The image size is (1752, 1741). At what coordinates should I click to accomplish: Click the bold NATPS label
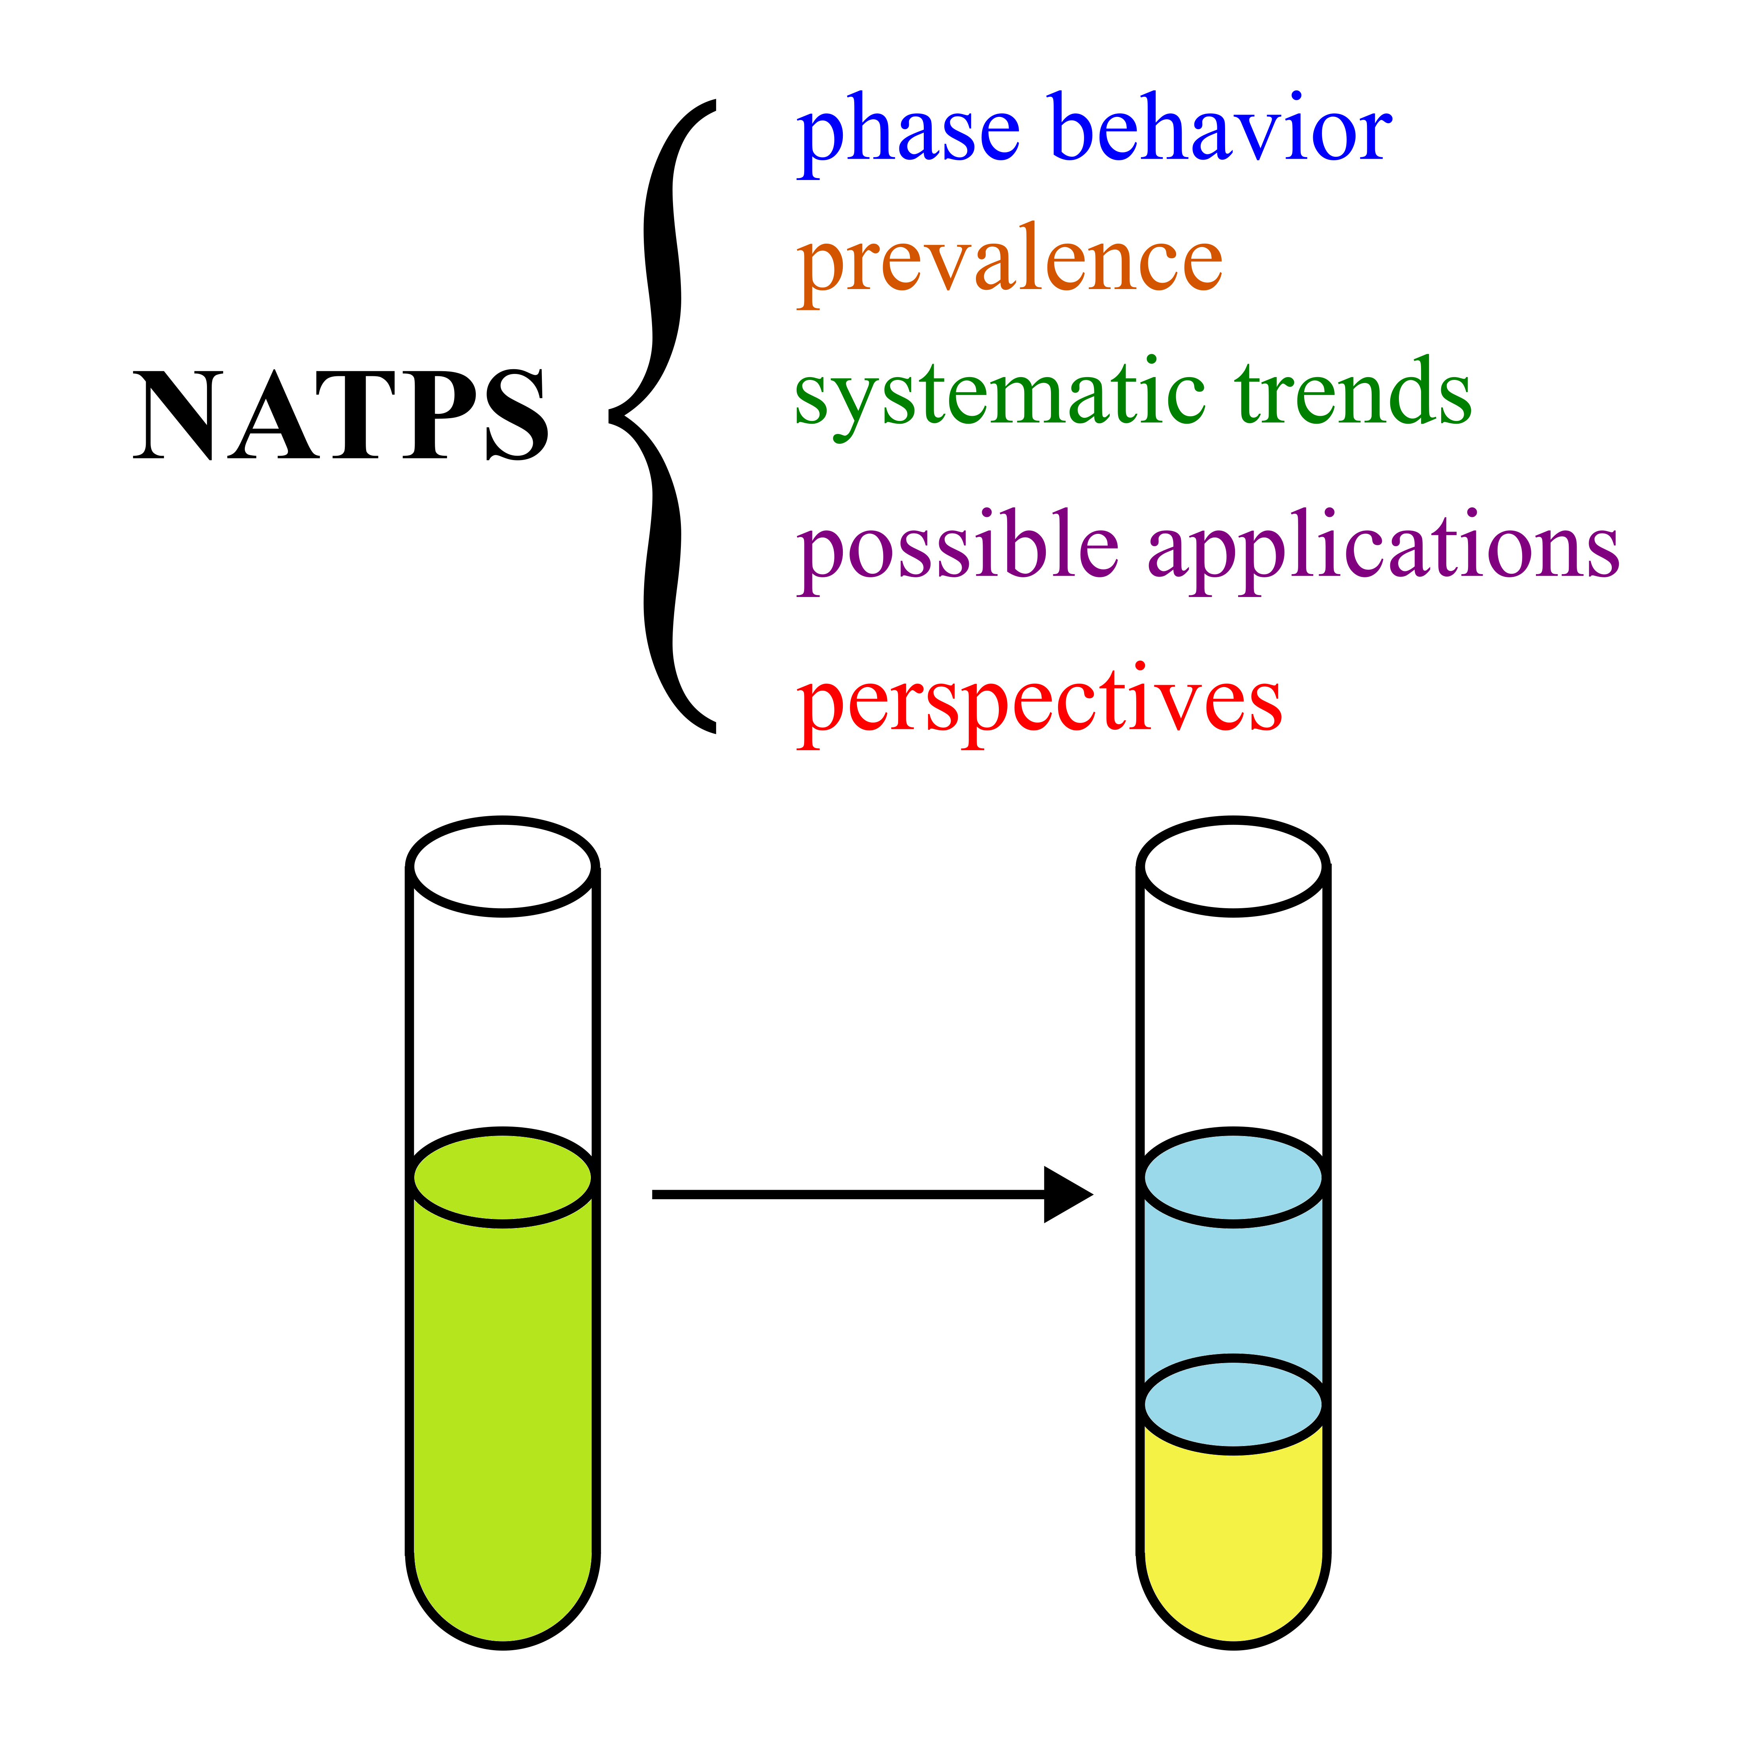(x=340, y=415)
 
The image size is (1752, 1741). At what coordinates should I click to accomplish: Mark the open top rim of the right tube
(x=1233, y=866)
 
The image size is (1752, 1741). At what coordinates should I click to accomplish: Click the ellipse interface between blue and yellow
(x=1233, y=1404)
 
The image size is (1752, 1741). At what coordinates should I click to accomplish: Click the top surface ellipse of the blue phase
(x=1233, y=1177)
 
